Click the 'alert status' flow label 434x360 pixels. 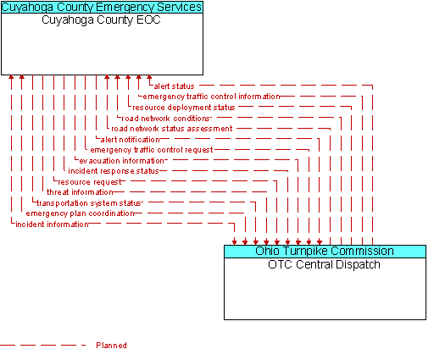coord(174,86)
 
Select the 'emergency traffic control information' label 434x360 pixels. coord(211,97)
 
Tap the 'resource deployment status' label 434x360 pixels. coord(184,108)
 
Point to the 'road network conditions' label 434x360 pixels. coord(166,119)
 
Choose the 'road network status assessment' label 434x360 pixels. coord(172,129)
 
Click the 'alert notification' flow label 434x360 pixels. coord(130,140)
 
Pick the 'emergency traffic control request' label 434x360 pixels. coord(152,150)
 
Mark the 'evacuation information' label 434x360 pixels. coord(121,161)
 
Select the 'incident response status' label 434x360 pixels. coord(114,171)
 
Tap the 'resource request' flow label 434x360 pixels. coord(90,182)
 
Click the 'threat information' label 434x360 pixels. coord(80,192)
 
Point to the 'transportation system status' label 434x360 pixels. coord(89,203)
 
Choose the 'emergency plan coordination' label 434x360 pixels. coord(80,213)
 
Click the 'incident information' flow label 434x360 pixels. coord(52,224)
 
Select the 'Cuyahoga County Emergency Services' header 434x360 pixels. coord(102,7)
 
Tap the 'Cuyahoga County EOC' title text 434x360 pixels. coord(101,20)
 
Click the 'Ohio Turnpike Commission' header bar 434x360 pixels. coord(325,252)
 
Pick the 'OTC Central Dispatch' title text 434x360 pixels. coord(324,265)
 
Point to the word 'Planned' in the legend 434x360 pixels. coord(111,346)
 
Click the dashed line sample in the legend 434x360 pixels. coord(42,345)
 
